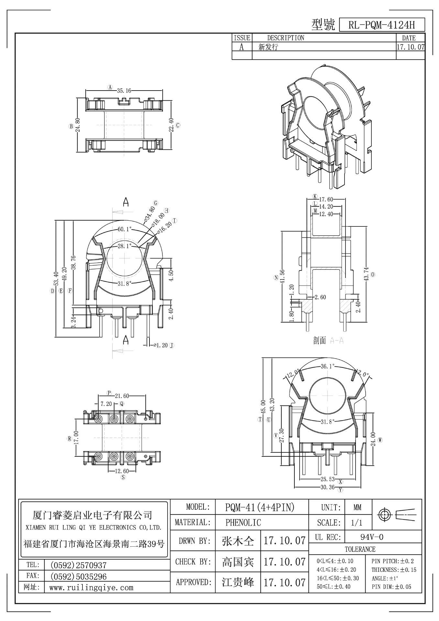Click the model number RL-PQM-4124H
pos(381,25)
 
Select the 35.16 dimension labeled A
pos(124,91)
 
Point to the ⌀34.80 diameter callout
pos(149,213)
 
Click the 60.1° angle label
pos(125,229)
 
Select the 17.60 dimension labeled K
pos(326,200)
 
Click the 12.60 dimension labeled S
pos(122,471)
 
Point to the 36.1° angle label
pos(327,366)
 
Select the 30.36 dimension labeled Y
pos(327,487)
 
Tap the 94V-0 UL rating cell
pos(372,537)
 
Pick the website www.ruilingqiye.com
pos(91,588)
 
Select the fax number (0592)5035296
pos(79,576)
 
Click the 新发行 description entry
pos(268,47)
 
